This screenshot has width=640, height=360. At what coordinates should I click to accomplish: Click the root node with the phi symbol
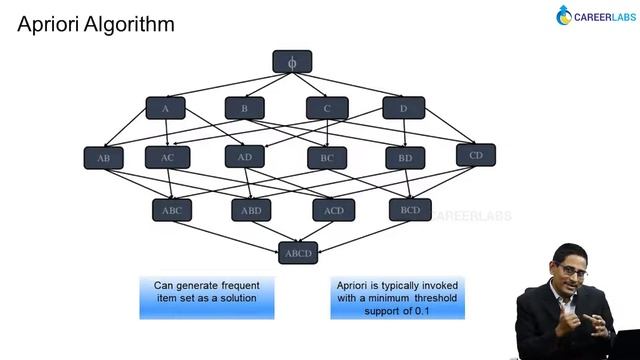pos(292,62)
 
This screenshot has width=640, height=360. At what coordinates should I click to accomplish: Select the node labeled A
pos(165,108)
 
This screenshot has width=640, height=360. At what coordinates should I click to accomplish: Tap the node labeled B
pos(245,108)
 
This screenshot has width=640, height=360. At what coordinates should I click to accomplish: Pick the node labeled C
pos(327,108)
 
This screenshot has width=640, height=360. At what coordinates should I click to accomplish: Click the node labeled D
pos(403,108)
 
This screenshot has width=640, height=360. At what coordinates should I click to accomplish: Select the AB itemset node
pos(104,158)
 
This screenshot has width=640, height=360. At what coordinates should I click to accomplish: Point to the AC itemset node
pos(167,157)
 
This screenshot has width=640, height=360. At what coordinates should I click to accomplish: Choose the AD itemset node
pos(245,156)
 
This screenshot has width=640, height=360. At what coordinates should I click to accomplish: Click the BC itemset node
pos(327,158)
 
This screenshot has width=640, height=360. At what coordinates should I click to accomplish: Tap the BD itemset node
pos(405,158)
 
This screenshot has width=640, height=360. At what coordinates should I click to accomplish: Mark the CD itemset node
pos(475,155)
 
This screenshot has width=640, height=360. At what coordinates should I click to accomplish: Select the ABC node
pos(172,210)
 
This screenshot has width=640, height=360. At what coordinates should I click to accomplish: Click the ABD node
pos(251,210)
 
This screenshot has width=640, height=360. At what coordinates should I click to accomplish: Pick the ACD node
pos(333,210)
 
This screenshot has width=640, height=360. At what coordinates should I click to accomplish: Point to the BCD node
pos(410,209)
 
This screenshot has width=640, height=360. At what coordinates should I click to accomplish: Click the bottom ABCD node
pos(297,252)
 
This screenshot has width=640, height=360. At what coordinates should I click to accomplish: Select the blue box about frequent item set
pos(206,297)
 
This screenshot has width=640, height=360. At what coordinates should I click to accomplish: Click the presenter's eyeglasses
pos(567,272)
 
